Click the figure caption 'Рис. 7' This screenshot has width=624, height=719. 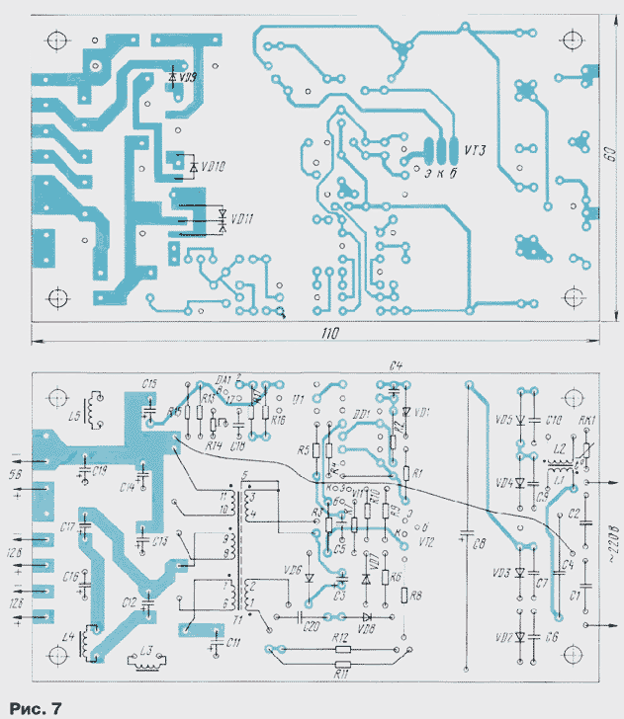pos(36,707)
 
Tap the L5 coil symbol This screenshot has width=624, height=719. pos(96,411)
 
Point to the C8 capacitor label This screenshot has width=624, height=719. pos(477,541)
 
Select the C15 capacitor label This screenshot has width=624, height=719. pos(149,383)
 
